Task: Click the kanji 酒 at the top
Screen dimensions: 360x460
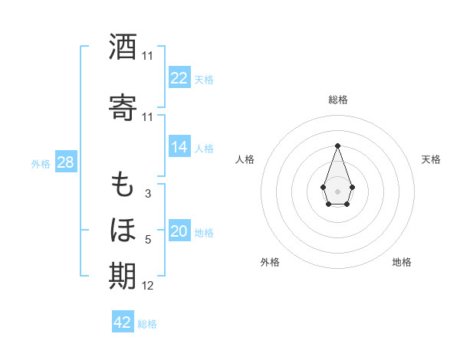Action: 123,47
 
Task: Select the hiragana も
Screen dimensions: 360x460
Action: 123,185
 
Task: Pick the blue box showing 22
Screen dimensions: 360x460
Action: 179,78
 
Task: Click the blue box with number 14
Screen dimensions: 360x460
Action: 179,147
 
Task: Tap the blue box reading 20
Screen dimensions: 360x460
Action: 179,232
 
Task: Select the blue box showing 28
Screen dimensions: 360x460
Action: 65,162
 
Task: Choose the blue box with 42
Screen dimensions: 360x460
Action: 123,322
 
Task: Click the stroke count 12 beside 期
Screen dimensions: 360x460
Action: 148,286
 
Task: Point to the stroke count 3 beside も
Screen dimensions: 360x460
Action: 147,194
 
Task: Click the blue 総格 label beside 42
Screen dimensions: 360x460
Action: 147,324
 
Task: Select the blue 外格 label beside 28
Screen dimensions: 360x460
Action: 41,163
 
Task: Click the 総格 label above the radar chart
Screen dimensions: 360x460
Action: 338,100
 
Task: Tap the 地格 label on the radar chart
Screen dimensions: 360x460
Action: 402,262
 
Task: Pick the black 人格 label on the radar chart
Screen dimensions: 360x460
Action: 245,159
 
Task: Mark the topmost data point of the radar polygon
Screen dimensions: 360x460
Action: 337,145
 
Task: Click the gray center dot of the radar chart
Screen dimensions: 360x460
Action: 337,190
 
